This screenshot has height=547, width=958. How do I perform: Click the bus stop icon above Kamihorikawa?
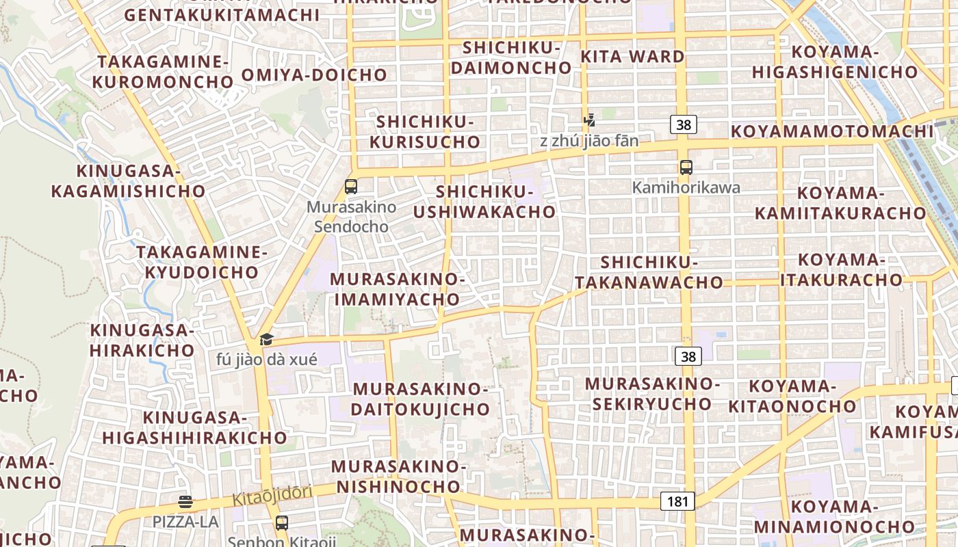click(x=686, y=167)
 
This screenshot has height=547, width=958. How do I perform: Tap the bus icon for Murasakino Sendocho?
click(x=351, y=186)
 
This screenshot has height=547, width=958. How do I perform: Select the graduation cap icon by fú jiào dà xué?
click(x=266, y=339)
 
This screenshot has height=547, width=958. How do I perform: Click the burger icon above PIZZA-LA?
click(x=185, y=502)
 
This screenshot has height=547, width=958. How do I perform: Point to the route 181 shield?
click(x=677, y=501)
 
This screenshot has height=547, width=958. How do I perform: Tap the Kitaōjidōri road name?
click(x=272, y=496)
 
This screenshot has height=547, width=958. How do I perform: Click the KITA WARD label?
click(x=632, y=57)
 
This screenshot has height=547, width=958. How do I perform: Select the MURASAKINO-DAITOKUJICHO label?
click(x=420, y=399)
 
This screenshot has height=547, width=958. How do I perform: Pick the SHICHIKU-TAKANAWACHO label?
click(x=649, y=272)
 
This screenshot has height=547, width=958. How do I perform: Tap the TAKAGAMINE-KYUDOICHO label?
click(x=201, y=262)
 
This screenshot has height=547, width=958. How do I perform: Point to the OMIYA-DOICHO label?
click(x=314, y=75)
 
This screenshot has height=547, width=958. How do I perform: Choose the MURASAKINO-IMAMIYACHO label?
click(x=397, y=289)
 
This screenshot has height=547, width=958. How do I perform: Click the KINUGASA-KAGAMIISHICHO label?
click(x=128, y=181)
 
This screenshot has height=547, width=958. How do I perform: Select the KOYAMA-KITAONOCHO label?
click(x=792, y=397)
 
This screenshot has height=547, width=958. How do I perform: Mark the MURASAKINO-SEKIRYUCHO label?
click(x=652, y=393)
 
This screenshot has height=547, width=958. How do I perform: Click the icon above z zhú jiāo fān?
click(x=588, y=121)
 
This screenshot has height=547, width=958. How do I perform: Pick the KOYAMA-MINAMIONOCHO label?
click(x=834, y=516)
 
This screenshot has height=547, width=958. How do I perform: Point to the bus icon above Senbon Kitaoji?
click(x=281, y=523)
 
